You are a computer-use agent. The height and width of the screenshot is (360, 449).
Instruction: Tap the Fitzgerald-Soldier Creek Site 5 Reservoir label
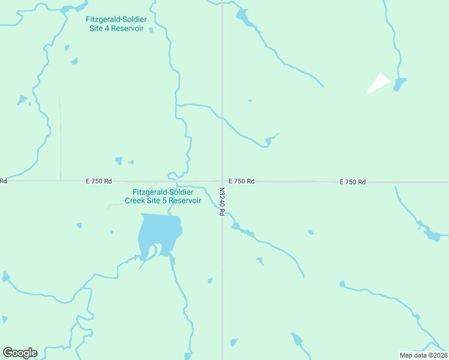pyautogui.click(x=163, y=196)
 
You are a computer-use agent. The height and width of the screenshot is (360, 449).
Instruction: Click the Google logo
pyautogui.click(x=20, y=353)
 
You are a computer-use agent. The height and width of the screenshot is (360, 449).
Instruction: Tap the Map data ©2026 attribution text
pyautogui.click(x=423, y=355)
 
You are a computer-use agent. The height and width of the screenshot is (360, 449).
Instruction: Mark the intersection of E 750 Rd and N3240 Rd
pyautogui.click(x=223, y=181)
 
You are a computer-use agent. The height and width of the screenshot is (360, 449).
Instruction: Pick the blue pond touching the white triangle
pyautogui.click(x=399, y=83)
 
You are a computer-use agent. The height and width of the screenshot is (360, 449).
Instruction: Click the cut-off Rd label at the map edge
pyautogui.click(x=3, y=181)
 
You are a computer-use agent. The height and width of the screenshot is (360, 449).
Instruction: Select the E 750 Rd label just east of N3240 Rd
pyautogui.click(x=241, y=181)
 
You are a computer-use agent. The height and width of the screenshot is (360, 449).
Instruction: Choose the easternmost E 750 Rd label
pyautogui.click(x=352, y=182)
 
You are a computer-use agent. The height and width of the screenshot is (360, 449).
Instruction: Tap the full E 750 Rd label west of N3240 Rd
pyautogui.click(x=98, y=181)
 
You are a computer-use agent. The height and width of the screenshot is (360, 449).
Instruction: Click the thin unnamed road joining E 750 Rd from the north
pyautogui.click(x=60, y=138)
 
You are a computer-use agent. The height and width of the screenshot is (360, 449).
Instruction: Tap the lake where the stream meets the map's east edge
pyautogui.click(x=433, y=235)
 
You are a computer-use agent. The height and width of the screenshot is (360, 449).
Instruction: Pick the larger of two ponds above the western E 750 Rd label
pyautogui.click(x=119, y=160)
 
